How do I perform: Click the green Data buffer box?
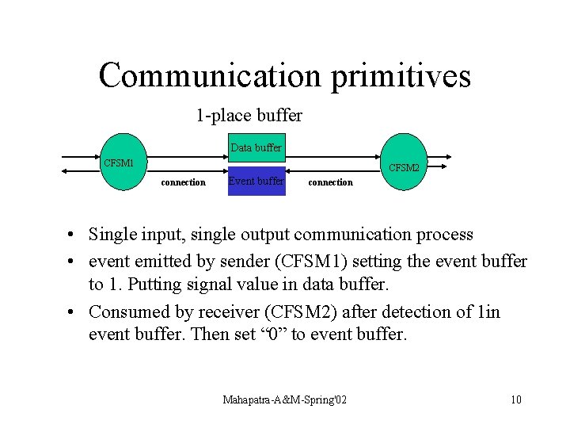coord(256,147)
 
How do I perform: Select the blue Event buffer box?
coord(256,182)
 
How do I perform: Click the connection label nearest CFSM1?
coord(183,182)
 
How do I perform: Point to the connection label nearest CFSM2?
coord(330,182)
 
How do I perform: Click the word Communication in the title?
coord(210,75)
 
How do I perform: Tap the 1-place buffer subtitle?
coord(249,116)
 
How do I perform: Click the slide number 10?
coord(516,399)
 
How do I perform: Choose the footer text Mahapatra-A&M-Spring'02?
coord(284,399)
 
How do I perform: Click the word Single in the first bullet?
coord(112,235)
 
